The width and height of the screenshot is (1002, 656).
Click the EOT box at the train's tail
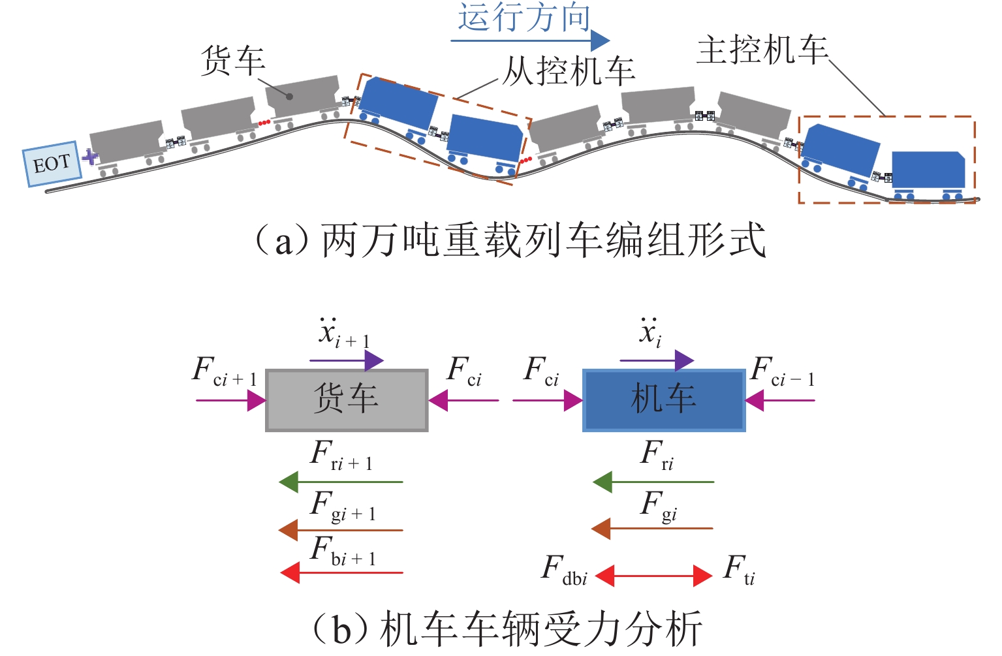pyautogui.click(x=52, y=164)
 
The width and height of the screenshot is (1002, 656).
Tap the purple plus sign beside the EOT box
pyautogui.click(x=90, y=157)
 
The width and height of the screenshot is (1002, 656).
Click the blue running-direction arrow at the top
pyautogui.click(x=529, y=40)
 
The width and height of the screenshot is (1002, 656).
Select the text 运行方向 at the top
pyautogui.click(x=524, y=16)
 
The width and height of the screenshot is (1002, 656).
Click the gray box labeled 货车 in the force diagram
pyautogui.click(x=347, y=400)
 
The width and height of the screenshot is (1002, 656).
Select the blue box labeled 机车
pyautogui.click(x=664, y=400)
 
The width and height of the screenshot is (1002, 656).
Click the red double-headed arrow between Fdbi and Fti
pyautogui.click(x=653, y=576)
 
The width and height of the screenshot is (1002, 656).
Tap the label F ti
pyautogui.click(x=739, y=569)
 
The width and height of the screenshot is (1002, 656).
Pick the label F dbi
pyautogui.click(x=564, y=569)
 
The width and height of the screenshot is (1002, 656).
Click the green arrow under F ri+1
pyautogui.click(x=341, y=482)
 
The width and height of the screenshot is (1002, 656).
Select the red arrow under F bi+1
pyautogui.click(x=342, y=573)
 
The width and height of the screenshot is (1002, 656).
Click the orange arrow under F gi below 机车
pyautogui.click(x=652, y=529)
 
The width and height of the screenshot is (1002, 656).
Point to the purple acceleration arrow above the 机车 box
pyautogui.click(x=657, y=360)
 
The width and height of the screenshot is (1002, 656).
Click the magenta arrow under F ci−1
pyautogui.click(x=780, y=400)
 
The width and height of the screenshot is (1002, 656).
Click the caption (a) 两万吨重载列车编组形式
pyautogui.click(x=510, y=241)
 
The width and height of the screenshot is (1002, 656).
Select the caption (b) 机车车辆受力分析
pyautogui.click(x=506, y=629)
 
